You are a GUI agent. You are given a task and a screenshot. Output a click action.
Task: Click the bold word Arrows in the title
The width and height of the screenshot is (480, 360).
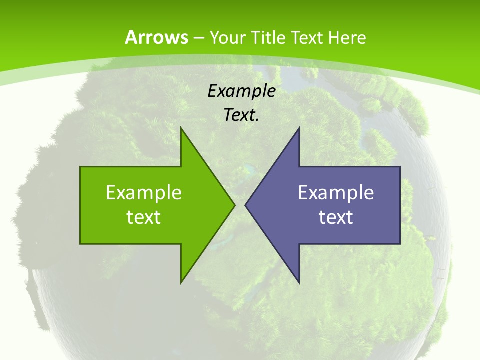click(x=157, y=37)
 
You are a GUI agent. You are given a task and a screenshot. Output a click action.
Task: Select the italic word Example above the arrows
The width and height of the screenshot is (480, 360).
click(x=242, y=91)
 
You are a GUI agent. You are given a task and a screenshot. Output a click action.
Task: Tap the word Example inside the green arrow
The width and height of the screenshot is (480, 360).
click(x=144, y=192)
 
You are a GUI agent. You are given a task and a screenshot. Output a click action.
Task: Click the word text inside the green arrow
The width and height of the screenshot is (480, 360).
click(x=144, y=217)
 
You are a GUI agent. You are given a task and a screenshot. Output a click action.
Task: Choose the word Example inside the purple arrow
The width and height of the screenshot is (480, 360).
click(x=336, y=192)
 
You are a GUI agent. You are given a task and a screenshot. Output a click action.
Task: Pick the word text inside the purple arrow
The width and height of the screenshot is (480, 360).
click(x=336, y=217)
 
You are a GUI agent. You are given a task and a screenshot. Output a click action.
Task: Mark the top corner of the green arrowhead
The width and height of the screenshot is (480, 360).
click(x=181, y=128)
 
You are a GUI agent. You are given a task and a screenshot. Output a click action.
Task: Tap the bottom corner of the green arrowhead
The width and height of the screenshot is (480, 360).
click(x=181, y=282)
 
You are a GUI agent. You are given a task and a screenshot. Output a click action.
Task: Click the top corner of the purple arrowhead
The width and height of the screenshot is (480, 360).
click(x=299, y=128)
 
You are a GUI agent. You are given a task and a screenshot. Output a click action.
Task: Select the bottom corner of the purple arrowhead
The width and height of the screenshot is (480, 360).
click(x=299, y=282)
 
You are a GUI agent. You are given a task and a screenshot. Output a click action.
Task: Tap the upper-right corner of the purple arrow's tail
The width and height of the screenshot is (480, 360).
click(x=400, y=167)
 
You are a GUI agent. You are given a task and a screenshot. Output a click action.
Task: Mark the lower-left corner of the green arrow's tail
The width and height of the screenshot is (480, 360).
click(x=80, y=244)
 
